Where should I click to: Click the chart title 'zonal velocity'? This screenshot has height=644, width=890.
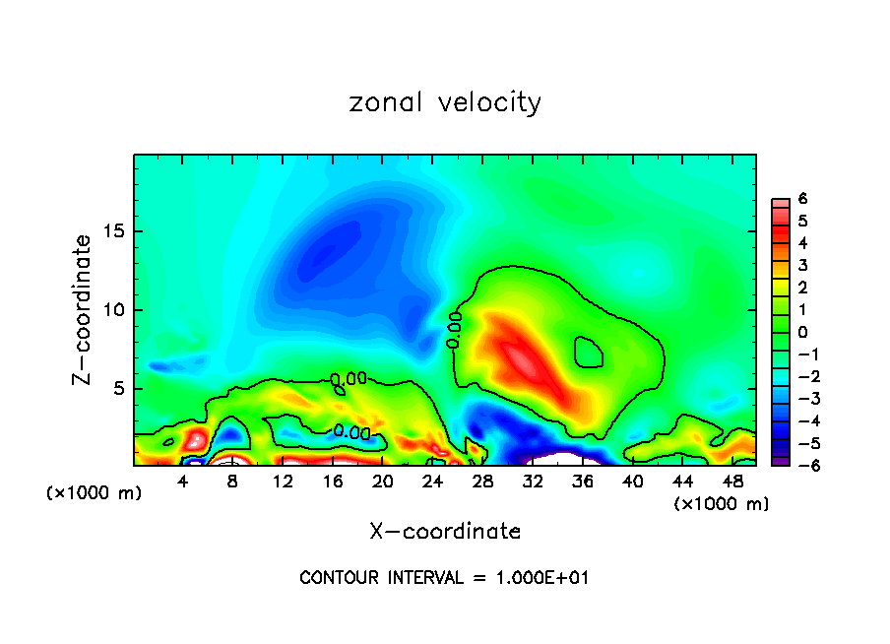click(x=445, y=102)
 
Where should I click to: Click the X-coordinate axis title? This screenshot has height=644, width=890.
click(x=445, y=532)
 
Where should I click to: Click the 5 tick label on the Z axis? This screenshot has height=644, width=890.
click(x=121, y=389)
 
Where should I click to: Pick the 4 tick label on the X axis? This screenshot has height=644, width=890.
click(x=183, y=482)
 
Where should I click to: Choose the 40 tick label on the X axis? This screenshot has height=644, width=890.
click(x=632, y=482)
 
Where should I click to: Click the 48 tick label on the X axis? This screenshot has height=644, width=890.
click(x=731, y=482)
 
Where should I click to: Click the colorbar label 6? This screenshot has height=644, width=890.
click(x=802, y=199)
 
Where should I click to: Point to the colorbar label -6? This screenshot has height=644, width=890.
click(x=799, y=465)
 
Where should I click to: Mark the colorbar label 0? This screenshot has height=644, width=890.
click(x=802, y=332)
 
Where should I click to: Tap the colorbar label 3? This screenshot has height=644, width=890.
click(x=802, y=265)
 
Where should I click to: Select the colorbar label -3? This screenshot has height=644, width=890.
click(x=799, y=398)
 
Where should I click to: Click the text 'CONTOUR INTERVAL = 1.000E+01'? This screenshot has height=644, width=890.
click(x=444, y=578)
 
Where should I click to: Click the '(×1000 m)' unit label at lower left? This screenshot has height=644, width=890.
click(x=95, y=493)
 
